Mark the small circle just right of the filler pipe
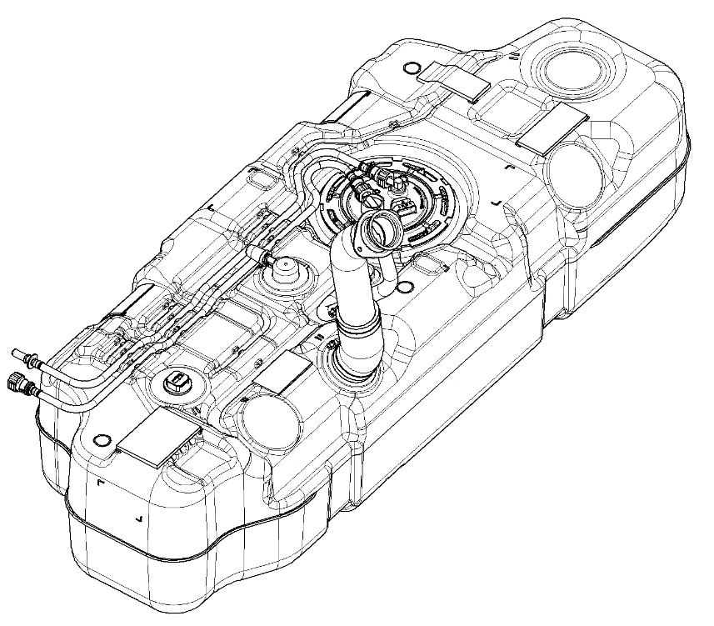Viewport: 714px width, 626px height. (x=405, y=288)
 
